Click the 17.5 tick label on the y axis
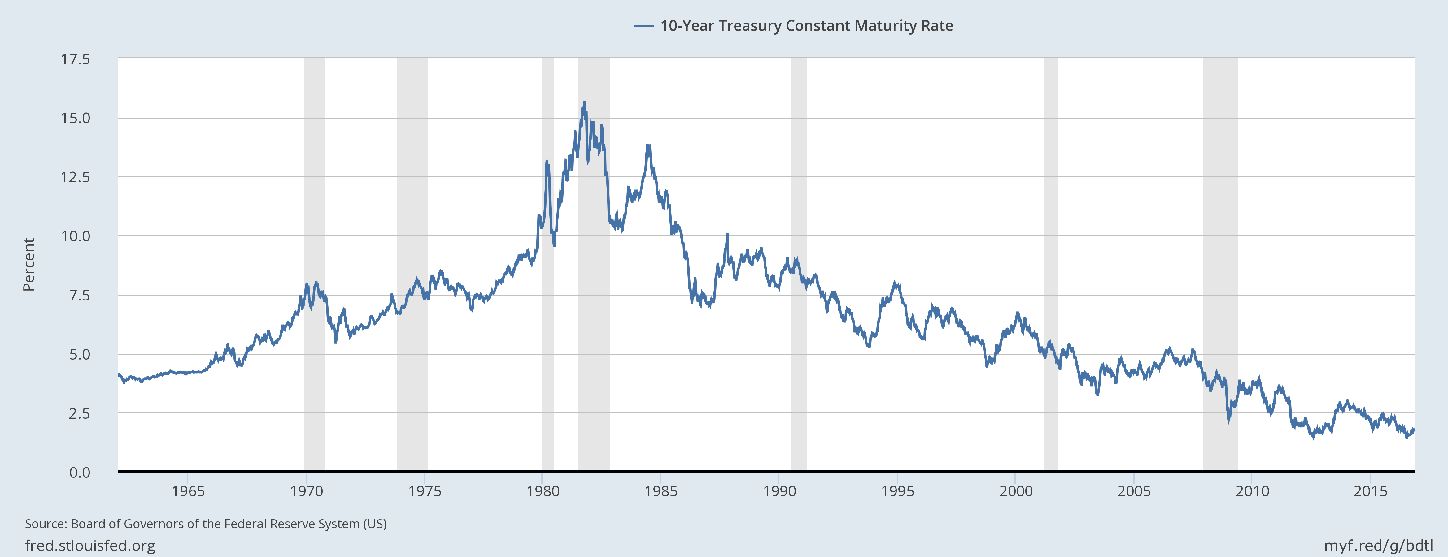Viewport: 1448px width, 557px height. (x=75, y=59)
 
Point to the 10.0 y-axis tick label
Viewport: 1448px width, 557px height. (x=75, y=236)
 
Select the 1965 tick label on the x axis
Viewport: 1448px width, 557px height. (x=188, y=491)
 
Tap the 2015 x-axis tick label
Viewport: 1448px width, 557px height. (x=1371, y=491)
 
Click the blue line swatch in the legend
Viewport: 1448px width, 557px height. (x=643, y=26)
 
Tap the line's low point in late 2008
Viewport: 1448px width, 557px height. (x=1229, y=421)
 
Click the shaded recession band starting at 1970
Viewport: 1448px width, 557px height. (x=314, y=168)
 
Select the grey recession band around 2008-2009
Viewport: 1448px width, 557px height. (x=1220, y=168)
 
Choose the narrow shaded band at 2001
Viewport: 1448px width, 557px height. (x=1051, y=168)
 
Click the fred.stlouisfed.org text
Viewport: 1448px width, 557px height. (x=90, y=545)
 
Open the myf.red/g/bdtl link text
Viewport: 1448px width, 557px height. (x=1378, y=545)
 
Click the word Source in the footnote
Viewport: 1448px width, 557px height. (x=45, y=524)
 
